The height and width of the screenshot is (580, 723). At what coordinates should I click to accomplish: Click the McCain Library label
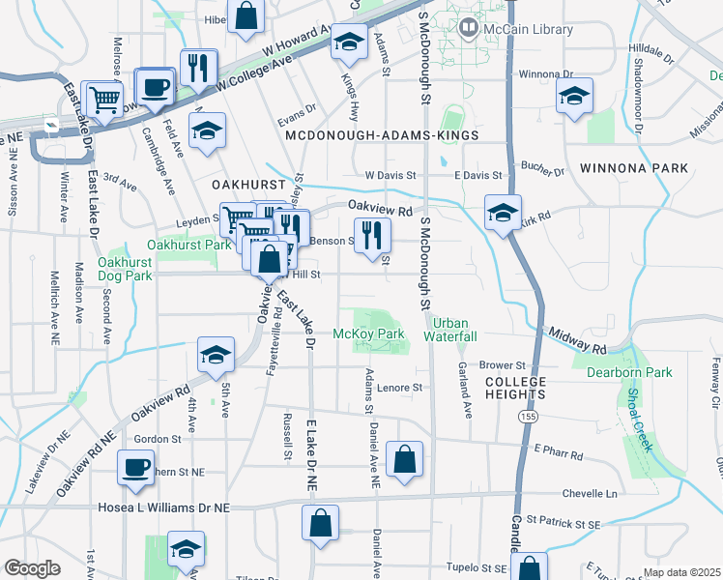[528, 30]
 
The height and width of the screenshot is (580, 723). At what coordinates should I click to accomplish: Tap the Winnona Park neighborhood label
[634, 168]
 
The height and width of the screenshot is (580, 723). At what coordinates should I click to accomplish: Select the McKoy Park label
[368, 333]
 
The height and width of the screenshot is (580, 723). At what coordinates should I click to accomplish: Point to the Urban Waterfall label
[455, 330]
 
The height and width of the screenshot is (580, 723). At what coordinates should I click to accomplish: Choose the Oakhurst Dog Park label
[126, 269]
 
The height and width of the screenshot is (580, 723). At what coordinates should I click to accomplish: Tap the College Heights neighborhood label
[516, 388]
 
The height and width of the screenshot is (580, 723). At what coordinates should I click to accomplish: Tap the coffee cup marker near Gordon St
[135, 469]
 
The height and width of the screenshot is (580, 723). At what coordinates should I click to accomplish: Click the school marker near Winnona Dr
[574, 96]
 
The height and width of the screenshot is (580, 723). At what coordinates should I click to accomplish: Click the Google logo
[32, 568]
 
